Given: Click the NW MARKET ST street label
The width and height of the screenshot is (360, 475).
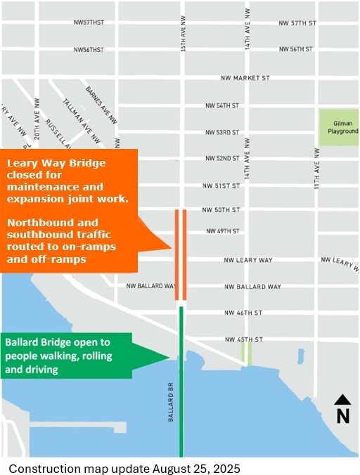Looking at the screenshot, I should pos(245,78).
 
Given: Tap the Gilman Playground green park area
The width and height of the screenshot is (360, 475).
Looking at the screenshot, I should pos(339,127).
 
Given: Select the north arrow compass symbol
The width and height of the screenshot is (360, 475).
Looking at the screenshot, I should pos(342,409).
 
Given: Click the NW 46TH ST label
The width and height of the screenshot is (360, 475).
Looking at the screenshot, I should pos(243,313).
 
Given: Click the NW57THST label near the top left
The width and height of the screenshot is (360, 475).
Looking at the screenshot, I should pos(89,22).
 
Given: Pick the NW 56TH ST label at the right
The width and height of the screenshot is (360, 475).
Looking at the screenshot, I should pos(295,49).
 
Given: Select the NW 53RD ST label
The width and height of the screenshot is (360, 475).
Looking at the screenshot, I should pos(222,132).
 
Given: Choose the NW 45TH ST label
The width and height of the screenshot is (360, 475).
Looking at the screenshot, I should pos(243,340).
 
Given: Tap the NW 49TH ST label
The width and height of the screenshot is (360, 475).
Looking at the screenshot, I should pos(222,231).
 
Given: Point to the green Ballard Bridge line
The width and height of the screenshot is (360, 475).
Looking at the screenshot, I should pos(181,393).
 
